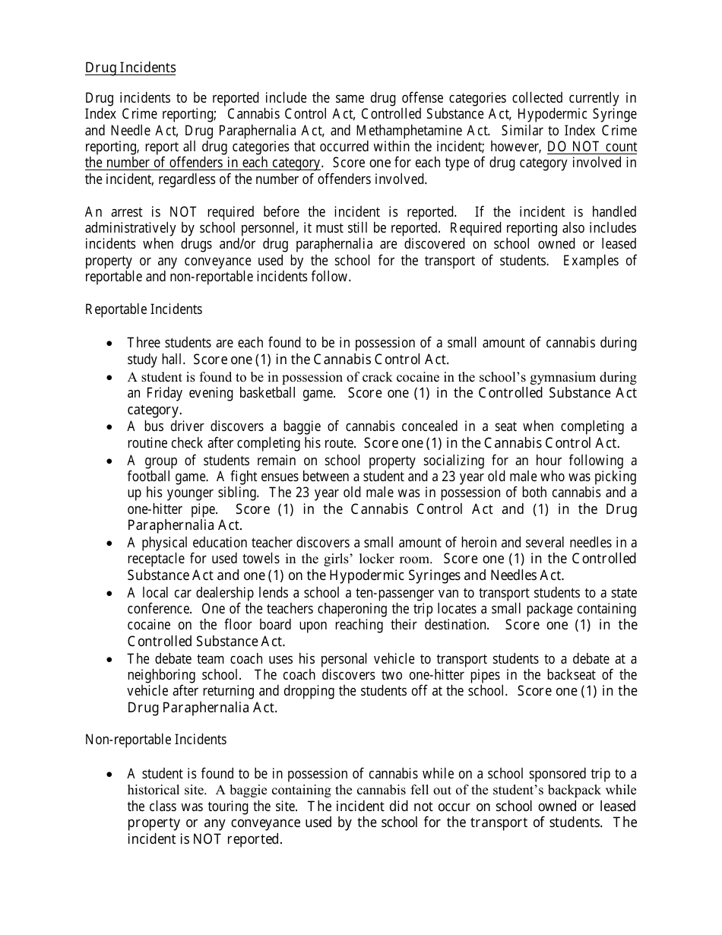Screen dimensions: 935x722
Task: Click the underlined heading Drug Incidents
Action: click(x=130, y=68)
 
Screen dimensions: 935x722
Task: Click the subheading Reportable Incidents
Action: click(x=144, y=309)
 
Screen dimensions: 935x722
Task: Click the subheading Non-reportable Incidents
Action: click(x=155, y=739)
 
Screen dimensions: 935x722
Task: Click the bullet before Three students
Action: click(x=112, y=344)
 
